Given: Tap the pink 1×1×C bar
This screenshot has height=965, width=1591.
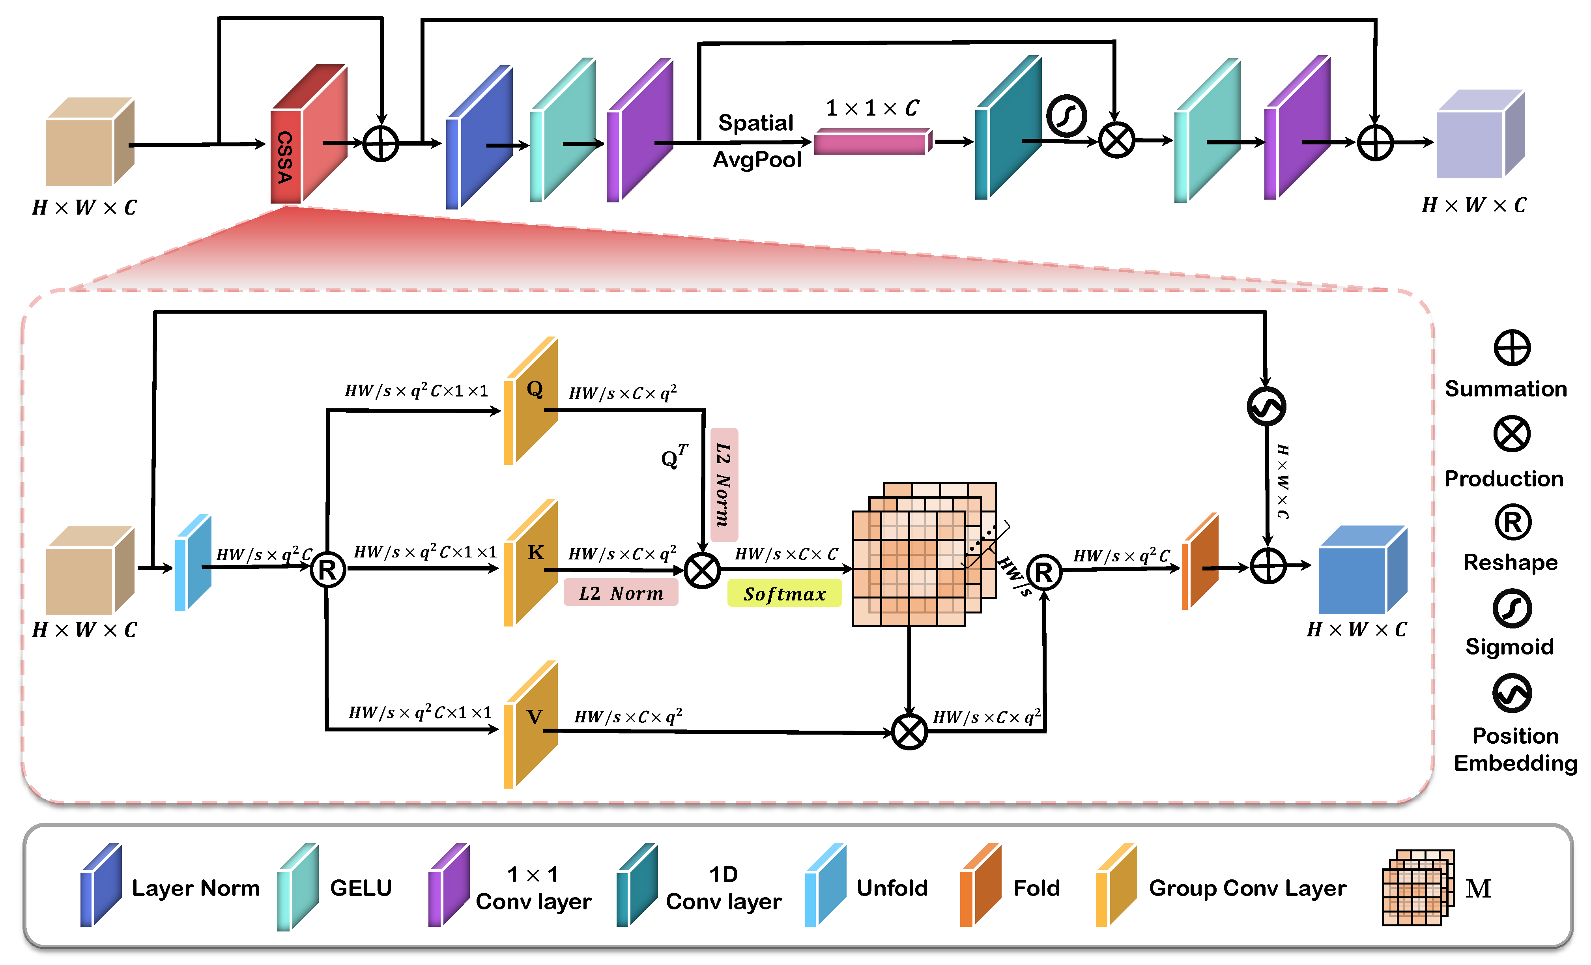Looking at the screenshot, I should [x=872, y=142].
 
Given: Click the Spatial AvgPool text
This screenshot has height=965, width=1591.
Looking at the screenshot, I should [x=757, y=141].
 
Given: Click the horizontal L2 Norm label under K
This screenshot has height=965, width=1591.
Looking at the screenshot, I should [x=621, y=592].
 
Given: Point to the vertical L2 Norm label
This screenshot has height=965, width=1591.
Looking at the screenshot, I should [x=724, y=484].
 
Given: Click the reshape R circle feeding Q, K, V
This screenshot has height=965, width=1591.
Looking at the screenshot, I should [x=327, y=570].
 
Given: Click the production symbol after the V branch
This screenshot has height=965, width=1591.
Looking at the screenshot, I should [x=909, y=732].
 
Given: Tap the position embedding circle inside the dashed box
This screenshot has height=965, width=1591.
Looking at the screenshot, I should [x=1266, y=406].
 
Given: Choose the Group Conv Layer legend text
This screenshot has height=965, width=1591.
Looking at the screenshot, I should [x=1247, y=888].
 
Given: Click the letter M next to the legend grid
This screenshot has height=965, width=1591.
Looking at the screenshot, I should [x=1478, y=888].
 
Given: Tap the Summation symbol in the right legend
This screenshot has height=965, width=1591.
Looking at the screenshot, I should [x=1512, y=348].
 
